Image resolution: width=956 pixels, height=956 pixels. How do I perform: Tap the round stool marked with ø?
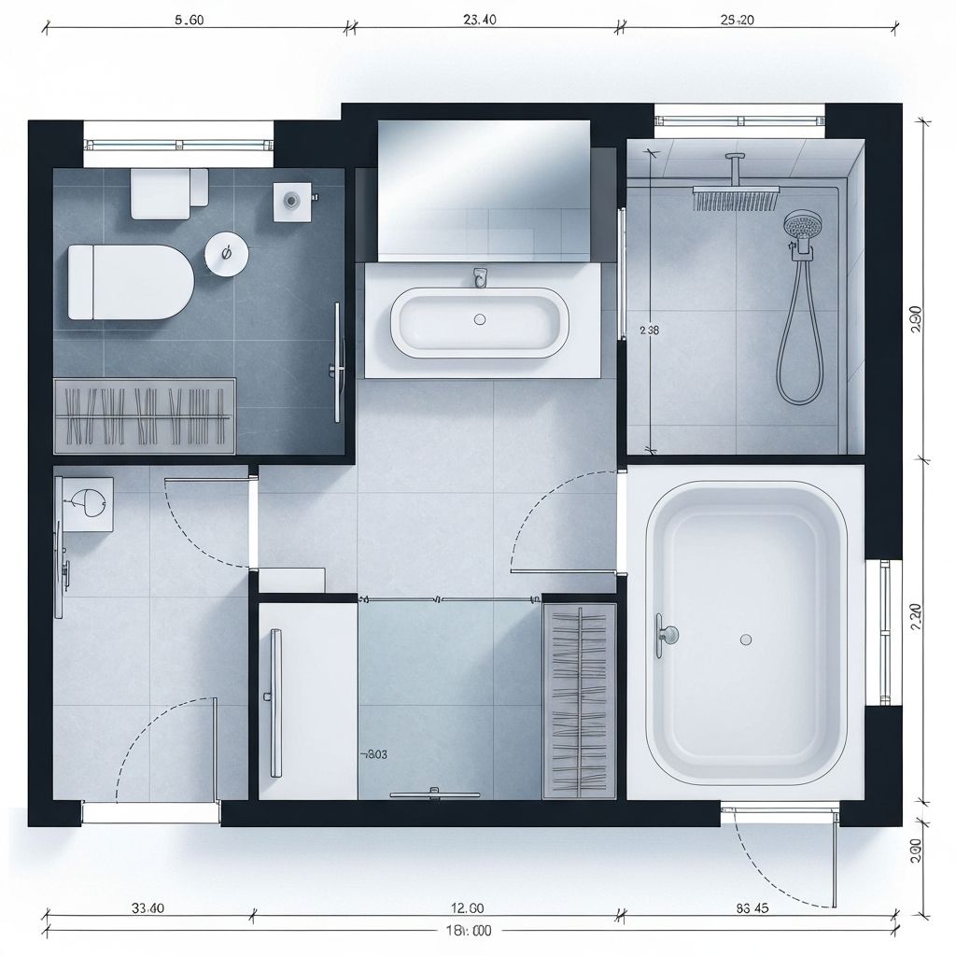(225, 252)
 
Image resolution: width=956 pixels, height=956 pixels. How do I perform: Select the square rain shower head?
(736, 197)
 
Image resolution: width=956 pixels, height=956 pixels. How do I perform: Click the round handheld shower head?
(800, 226)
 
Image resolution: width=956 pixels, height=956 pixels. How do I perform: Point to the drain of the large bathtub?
(745, 640)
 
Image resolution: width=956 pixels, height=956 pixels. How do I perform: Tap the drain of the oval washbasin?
(480, 319)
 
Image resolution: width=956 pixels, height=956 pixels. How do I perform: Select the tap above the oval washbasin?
(480, 276)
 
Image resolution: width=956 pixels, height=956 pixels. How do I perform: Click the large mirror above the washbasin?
(484, 190)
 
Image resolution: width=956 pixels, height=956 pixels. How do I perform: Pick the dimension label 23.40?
(479, 19)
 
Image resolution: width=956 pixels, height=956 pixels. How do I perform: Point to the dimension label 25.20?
(737, 19)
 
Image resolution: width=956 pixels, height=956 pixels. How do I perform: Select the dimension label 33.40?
(148, 907)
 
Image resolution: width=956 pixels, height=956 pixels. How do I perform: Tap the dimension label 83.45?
(752, 907)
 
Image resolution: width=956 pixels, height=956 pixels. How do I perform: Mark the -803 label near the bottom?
(373, 754)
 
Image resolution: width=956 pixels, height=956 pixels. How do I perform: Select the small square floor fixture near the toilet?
(291, 200)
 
